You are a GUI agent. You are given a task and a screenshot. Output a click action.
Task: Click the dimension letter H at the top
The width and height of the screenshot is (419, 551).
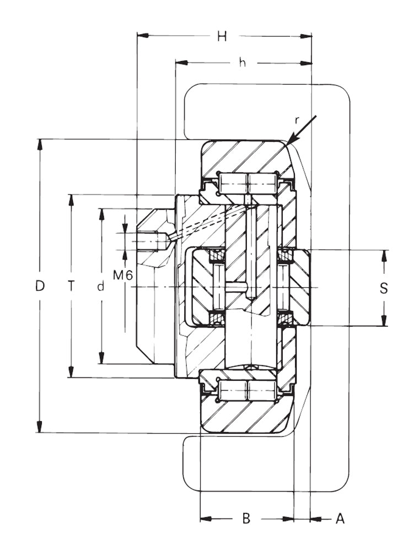tap(222, 37)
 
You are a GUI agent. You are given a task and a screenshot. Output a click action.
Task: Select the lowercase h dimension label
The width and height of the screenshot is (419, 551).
tap(242, 63)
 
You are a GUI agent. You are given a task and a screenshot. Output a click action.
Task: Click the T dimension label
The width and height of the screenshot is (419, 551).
tap(71, 286)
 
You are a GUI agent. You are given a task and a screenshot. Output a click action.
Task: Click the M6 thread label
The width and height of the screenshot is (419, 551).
tap(123, 274)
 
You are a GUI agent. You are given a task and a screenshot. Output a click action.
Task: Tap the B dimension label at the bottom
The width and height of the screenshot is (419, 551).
tap(246, 518)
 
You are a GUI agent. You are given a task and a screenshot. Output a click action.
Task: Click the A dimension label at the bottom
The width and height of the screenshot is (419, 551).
tap(340, 518)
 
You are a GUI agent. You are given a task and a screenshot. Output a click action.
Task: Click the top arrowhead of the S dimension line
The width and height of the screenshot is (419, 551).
tap(384, 254)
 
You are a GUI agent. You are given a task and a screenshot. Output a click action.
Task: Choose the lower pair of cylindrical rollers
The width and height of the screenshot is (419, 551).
tap(246, 391)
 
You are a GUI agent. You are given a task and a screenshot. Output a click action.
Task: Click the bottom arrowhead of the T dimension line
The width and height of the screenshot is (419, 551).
tap(71, 373)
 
